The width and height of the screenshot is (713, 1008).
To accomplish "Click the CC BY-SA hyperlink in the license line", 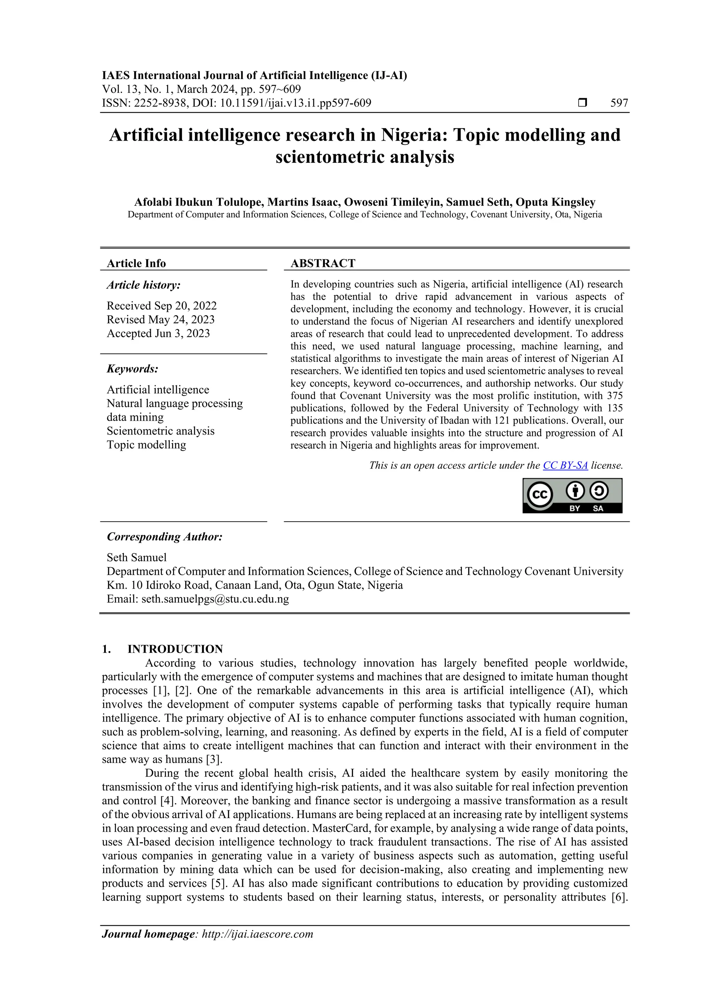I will point(565,465).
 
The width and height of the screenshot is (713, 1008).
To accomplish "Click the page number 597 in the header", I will point(619,103).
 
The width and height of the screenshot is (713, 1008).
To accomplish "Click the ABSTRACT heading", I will point(322,263).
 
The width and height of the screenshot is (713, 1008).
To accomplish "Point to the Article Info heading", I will point(136,263).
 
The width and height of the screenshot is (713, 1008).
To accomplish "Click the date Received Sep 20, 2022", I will point(162,305).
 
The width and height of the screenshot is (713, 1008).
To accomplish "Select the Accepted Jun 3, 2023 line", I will point(158,333).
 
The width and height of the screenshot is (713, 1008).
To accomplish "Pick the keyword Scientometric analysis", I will point(160,431).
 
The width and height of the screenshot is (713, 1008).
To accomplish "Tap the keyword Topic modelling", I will point(146,445).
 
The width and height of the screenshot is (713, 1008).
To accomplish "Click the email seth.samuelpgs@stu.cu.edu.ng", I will point(215,599).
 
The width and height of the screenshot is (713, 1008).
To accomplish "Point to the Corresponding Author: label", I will point(164,537).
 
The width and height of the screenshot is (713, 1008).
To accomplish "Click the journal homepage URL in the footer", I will point(257,934).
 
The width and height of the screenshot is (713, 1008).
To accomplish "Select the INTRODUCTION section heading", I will point(175,649).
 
